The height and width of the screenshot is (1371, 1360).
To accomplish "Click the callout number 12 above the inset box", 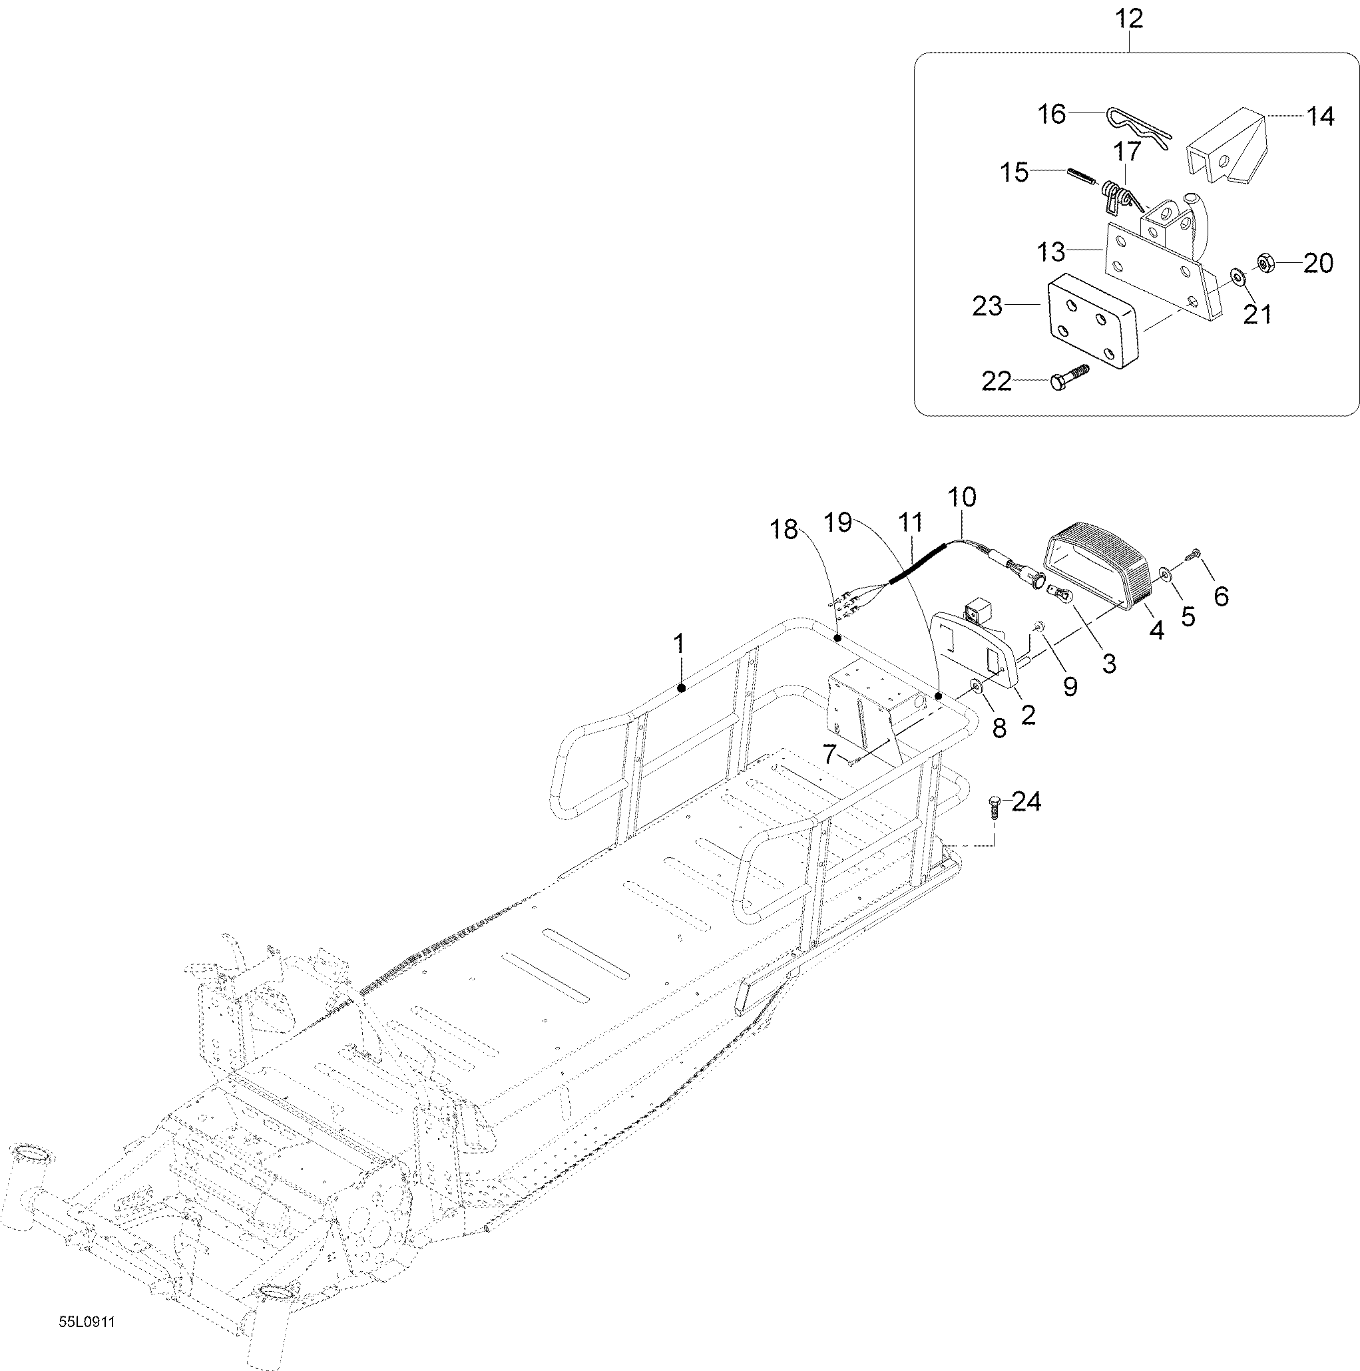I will point(1129,19).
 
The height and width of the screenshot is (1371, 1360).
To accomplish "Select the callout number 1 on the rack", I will point(679,644).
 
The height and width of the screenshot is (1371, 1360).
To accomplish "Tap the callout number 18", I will point(784,529).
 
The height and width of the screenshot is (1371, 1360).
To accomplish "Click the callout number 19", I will point(837,522).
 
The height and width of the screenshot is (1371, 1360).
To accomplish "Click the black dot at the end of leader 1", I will point(681,687).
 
